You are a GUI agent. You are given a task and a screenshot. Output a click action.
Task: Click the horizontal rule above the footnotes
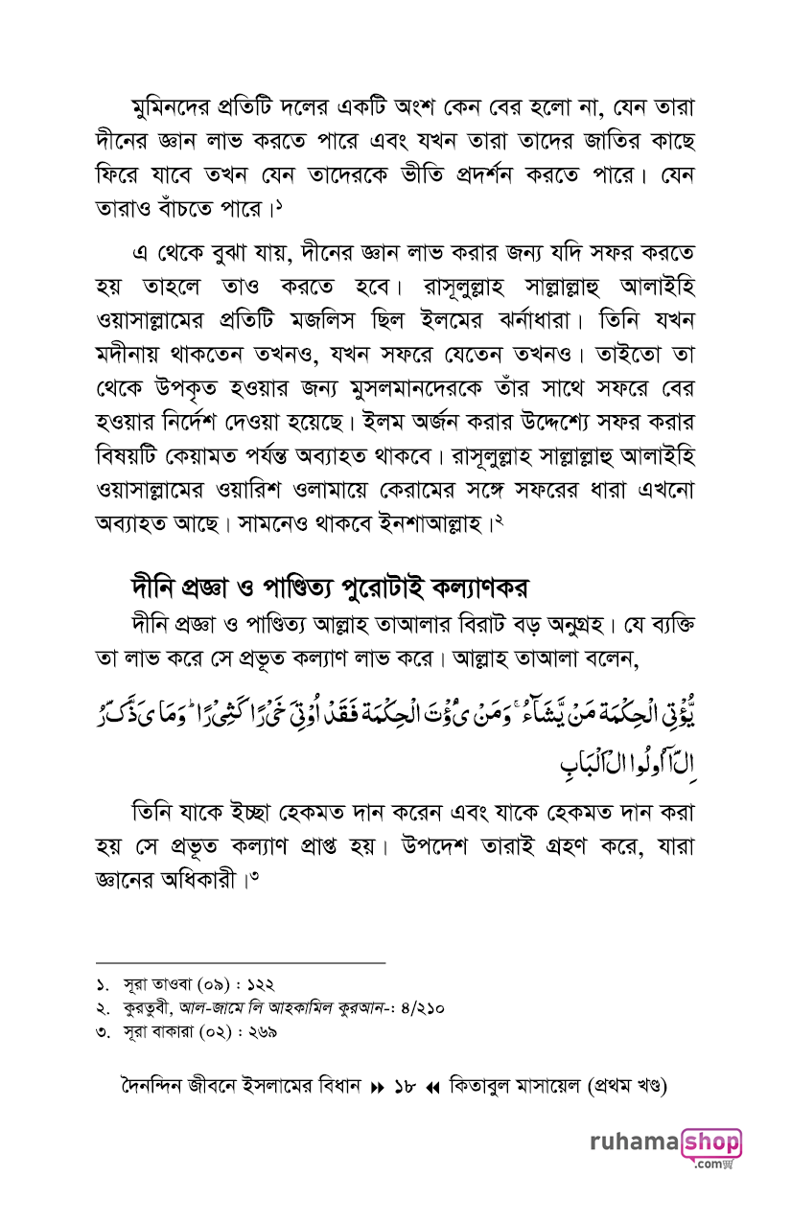pyautogui.click(x=241, y=961)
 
